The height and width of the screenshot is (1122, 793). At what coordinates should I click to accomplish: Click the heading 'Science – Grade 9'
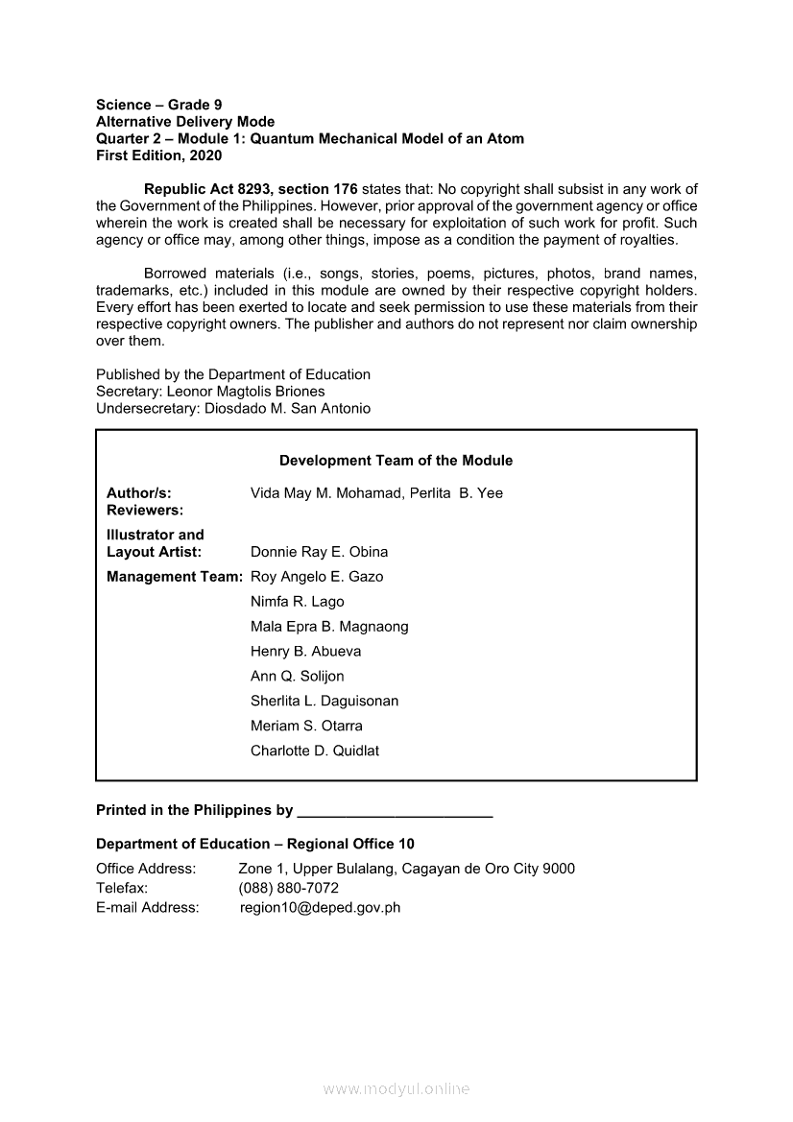coord(159,105)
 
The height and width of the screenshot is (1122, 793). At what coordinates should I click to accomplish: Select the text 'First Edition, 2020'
coord(158,155)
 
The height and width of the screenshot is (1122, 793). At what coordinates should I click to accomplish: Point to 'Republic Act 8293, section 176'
coord(251,189)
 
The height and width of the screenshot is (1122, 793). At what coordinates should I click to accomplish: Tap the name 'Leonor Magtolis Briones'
coord(246,392)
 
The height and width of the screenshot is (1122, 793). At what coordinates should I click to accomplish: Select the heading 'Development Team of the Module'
coord(396,461)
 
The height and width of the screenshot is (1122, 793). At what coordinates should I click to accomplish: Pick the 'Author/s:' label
coord(139,493)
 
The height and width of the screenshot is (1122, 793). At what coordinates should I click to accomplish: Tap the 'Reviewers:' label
coord(145,511)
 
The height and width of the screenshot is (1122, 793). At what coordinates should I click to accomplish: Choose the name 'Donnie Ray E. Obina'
coord(320,552)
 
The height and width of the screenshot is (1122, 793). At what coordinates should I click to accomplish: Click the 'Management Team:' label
coord(175,577)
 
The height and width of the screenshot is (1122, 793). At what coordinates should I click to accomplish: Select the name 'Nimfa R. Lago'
coord(298,602)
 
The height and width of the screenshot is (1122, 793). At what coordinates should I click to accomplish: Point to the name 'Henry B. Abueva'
coord(306,652)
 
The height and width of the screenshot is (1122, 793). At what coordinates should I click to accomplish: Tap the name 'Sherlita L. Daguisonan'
coord(324,702)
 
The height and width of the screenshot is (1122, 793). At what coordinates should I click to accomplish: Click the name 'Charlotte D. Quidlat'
coord(315,752)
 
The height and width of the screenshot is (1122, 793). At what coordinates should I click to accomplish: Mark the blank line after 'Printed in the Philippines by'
coord(396,812)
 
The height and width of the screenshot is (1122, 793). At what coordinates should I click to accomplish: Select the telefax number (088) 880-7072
coord(289,889)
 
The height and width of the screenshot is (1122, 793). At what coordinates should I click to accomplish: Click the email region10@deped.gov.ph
coord(321,908)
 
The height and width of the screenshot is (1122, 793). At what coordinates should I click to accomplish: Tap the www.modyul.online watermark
coord(396,1089)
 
